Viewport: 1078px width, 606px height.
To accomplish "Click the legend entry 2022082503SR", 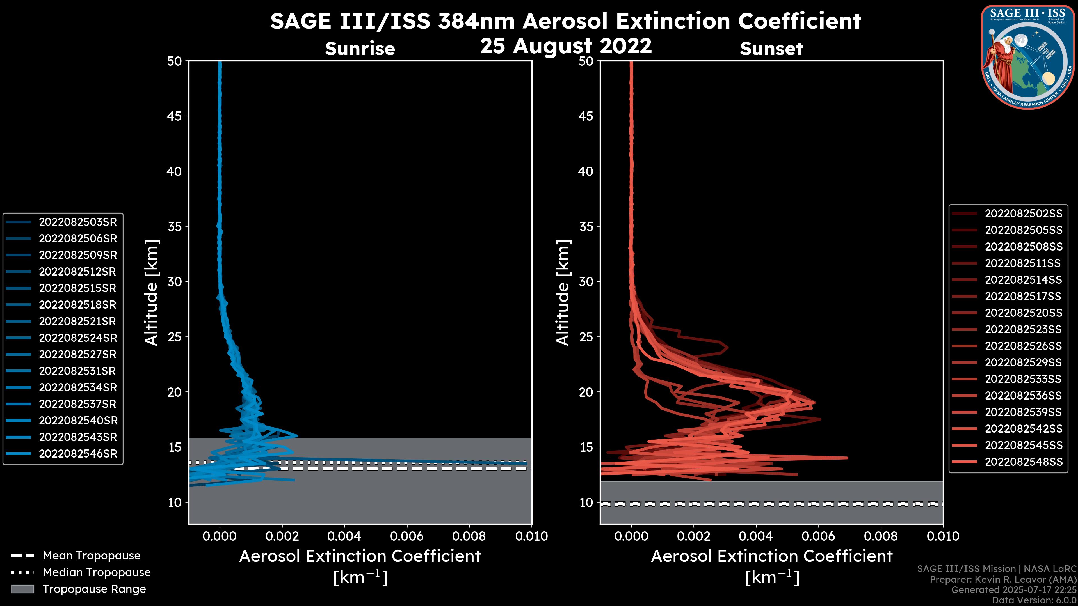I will [77, 222].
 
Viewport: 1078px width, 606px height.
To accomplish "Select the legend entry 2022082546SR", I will [78, 454].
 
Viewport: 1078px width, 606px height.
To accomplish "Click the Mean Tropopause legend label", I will [92, 555].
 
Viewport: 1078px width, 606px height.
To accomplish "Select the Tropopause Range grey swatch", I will [22, 589].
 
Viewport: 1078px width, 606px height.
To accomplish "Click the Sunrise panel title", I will [360, 49].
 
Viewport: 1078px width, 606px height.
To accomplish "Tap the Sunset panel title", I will [771, 49].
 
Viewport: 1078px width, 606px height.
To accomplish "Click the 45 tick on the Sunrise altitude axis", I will [174, 116].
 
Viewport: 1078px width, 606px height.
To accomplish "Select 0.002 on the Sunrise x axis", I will [282, 536].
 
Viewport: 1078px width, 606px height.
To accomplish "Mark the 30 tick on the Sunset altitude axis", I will [586, 281].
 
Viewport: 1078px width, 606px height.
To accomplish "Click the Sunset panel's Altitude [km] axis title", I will [563, 293].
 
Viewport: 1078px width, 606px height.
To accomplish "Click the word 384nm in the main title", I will [476, 21].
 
